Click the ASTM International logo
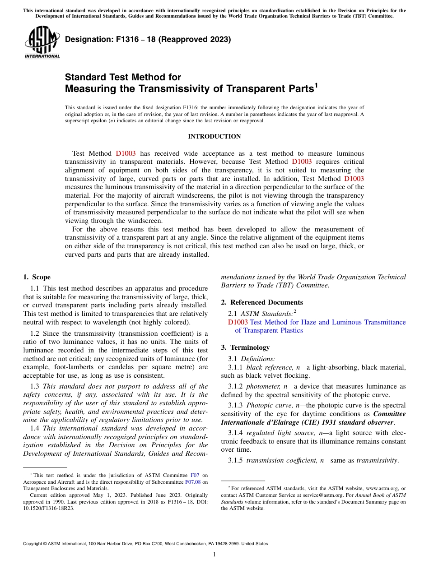[42, 42]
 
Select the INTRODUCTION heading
[214, 136]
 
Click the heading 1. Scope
[37, 277]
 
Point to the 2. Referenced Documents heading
[262, 302]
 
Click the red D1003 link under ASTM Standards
[238, 322]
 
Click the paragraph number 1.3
[35, 386]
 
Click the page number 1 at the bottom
[214, 555]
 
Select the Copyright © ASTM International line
[145, 544]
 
